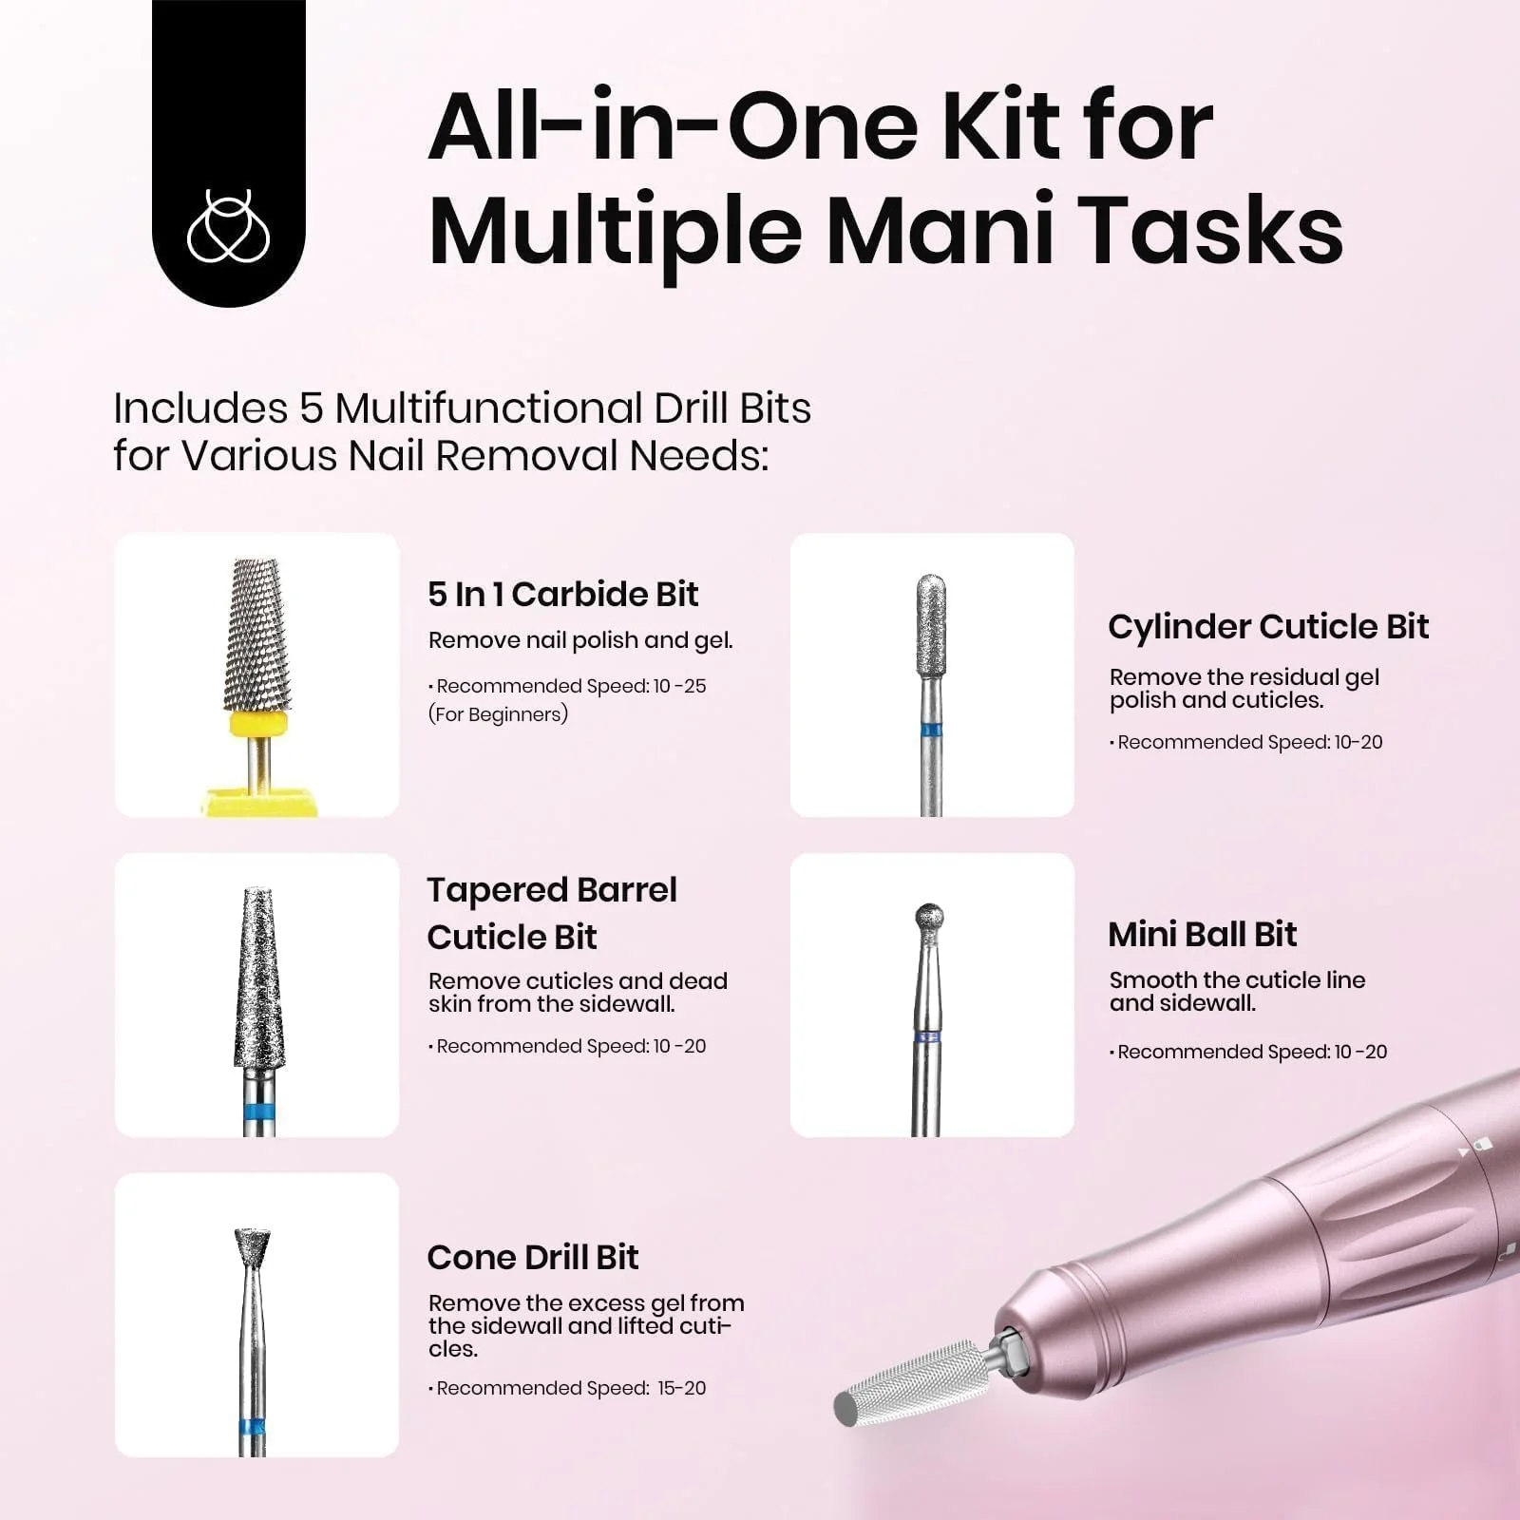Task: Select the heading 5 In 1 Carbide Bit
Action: point(562,595)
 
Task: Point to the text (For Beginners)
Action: point(498,714)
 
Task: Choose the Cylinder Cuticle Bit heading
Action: point(1267,627)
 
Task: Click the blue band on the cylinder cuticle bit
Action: point(931,731)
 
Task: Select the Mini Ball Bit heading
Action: point(1202,935)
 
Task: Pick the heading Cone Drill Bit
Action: point(532,1258)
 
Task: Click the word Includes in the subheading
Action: point(199,409)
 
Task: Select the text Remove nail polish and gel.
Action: point(579,640)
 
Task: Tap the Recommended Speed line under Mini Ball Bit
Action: point(1250,1052)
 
